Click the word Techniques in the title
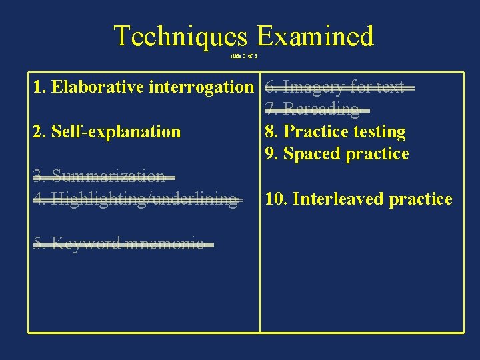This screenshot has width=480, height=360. (x=180, y=36)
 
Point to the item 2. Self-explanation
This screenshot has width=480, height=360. (x=107, y=131)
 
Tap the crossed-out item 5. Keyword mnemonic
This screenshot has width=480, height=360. (x=119, y=244)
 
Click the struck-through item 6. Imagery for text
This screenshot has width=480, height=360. (x=335, y=87)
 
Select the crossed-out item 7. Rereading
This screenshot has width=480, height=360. (x=312, y=109)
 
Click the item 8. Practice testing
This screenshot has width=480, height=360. (x=335, y=132)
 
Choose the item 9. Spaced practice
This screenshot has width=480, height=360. (x=337, y=154)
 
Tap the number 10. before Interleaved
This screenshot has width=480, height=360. (x=276, y=199)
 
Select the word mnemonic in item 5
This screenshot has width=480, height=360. (x=170, y=244)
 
